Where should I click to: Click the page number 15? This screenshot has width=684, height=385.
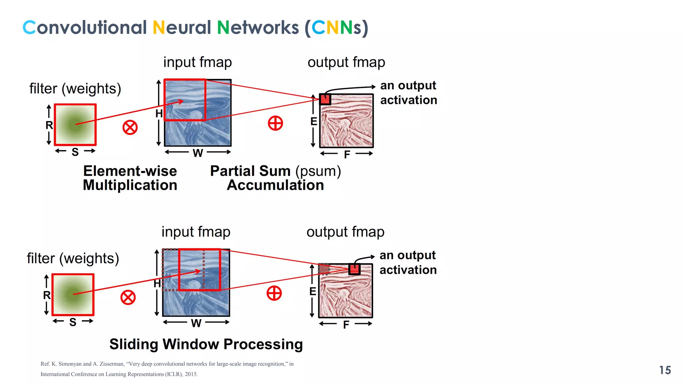pos(665,370)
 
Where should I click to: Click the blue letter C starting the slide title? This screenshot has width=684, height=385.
pos(29,27)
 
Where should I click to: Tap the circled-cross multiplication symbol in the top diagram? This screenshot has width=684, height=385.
pos(130,127)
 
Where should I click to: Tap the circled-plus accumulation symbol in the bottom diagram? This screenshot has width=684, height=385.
pos(274,293)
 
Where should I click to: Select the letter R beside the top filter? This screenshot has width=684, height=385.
pos(49,125)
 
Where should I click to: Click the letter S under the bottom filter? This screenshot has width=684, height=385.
pos(73,322)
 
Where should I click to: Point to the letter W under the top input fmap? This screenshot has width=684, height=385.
pos(198,153)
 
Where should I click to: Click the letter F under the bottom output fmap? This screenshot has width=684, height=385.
pos(346,325)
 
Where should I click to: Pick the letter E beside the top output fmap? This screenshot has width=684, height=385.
pos(314,121)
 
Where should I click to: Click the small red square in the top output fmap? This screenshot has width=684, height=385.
pos(325,99)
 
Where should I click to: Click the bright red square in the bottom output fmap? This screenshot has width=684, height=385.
pos(354,269)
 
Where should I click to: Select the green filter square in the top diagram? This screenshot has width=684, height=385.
pos(75,125)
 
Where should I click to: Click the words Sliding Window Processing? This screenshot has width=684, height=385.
pos(206,344)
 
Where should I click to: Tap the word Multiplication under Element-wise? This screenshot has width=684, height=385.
pos(130,185)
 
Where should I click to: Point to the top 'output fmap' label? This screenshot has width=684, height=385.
pos(346,62)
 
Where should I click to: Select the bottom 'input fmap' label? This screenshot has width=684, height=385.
pos(196,232)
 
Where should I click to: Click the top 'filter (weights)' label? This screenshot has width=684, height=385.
pos(75,89)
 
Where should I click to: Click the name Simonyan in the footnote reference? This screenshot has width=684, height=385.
pos(70,364)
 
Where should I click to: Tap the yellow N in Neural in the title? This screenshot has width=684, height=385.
pos(159,27)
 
